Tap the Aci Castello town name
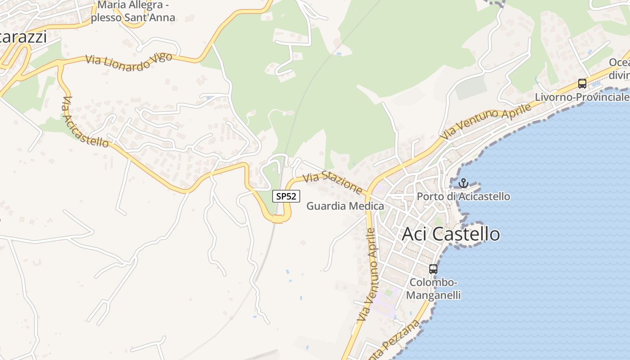tap(450, 234)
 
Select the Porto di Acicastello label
tap(463, 197)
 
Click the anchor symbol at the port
tap(463, 183)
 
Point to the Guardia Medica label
tap(345, 206)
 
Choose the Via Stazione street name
tap(333, 184)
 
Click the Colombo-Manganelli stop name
tap(433, 288)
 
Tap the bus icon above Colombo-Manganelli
tap(433, 269)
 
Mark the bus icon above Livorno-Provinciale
tap(582, 83)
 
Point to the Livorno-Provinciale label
tap(582, 97)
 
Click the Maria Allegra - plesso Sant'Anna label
tap(133, 12)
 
